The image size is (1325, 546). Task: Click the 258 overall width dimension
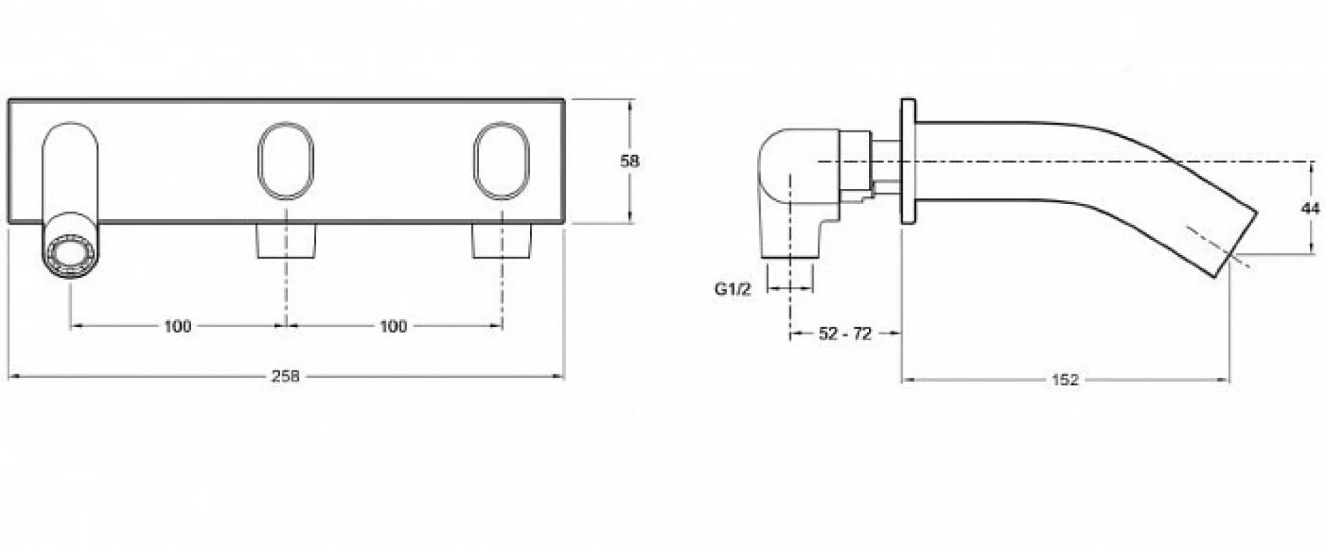[x=285, y=376]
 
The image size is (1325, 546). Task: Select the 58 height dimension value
[x=630, y=161]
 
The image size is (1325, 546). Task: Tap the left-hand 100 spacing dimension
[x=177, y=326]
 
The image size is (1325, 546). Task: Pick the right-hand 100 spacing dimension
[x=393, y=326]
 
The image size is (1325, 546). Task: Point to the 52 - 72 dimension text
[x=845, y=334]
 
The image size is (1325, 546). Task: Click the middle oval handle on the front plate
[x=286, y=162]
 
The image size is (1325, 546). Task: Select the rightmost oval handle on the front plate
[x=502, y=162]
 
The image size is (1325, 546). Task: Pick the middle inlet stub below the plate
[x=286, y=241]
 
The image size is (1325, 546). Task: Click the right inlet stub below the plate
[x=502, y=241]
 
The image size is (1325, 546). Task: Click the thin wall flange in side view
[x=908, y=161]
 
